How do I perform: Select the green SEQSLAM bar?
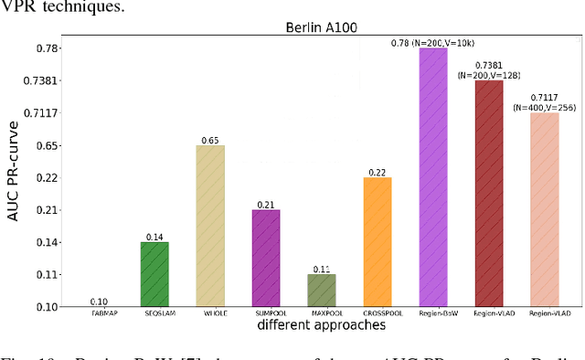pyautogui.click(x=154, y=274)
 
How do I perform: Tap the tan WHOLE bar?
pyautogui.click(x=209, y=226)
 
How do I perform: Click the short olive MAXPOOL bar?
pyautogui.click(x=321, y=290)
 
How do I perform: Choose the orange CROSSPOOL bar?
pyautogui.click(x=377, y=241)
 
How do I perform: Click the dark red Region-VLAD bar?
pyautogui.click(x=488, y=193)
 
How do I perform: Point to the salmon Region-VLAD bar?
pyautogui.click(x=545, y=209)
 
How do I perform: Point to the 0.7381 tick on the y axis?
pyautogui.click(x=40, y=81)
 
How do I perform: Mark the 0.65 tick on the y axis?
pyautogui.click(x=47, y=145)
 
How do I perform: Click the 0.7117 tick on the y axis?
pyautogui.click(x=40, y=113)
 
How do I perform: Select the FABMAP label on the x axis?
pyautogui.click(x=99, y=313)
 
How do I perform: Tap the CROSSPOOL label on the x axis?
pyautogui.click(x=377, y=313)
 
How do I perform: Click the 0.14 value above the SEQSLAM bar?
pyautogui.click(x=154, y=238)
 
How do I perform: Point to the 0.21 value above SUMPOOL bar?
pyautogui.click(x=265, y=205)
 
